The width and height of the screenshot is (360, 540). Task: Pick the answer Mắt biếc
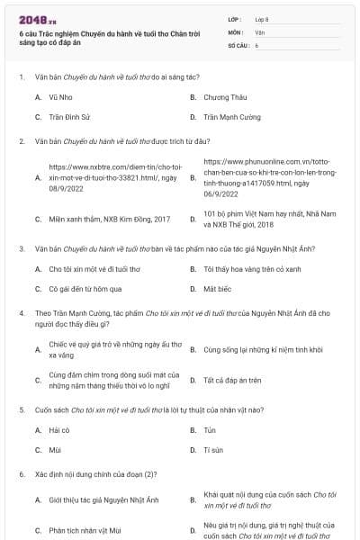(x=217, y=289)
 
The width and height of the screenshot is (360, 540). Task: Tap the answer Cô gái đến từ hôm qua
(x=85, y=289)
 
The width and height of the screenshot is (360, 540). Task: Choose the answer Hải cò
(x=59, y=429)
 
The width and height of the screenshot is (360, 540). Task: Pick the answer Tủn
(x=210, y=429)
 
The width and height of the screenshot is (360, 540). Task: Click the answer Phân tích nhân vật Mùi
(x=91, y=531)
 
